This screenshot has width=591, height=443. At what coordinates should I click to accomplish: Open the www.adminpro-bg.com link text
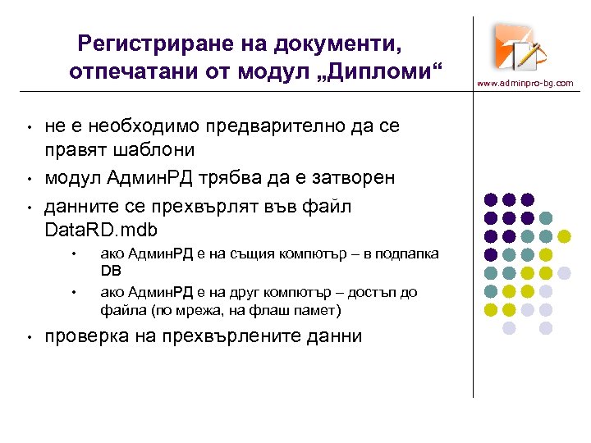coord(525,83)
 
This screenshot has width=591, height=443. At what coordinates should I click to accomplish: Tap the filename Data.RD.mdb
coord(101,229)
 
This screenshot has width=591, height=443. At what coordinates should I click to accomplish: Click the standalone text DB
coord(110,271)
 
